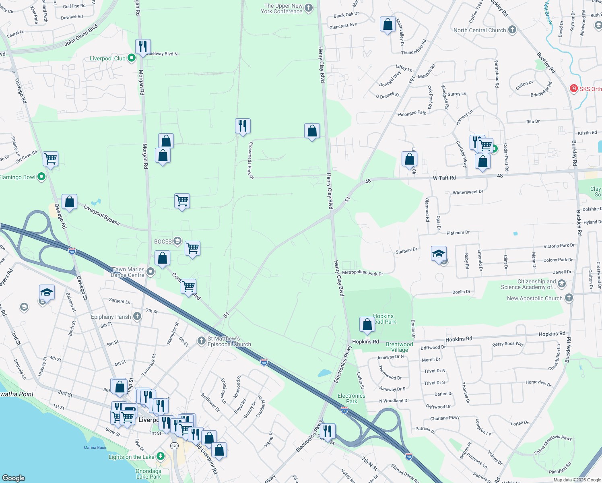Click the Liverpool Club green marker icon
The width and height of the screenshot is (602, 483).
[x=132, y=58]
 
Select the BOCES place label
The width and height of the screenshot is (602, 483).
[x=163, y=242]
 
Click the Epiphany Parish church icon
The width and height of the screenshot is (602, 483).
[x=137, y=316]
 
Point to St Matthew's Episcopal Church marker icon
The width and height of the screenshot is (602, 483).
[x=202, y=341]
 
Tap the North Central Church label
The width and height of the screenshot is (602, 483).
[x=480, y=30]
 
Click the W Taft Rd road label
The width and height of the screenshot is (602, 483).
[x=444, y=178]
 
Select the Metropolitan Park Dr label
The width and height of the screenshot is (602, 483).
[x=362, y=273]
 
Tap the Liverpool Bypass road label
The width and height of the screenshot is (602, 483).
[x=101, y=215]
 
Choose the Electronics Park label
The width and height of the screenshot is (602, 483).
[x=351, y=398]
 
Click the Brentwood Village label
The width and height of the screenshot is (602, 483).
[x=399, y=347]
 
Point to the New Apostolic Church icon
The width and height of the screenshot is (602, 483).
[x=569, y=298]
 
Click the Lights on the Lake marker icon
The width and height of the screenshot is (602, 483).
[x=161, y=456]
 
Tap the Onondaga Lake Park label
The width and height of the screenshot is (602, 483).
[x=148, y=474]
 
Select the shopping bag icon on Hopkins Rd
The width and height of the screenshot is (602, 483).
[x=367, y=324]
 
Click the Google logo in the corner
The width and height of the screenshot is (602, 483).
[x=14, y=478]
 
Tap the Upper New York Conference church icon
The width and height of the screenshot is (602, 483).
[x=309, y=8]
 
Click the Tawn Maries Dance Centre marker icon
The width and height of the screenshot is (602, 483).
[x=150, y=272]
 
